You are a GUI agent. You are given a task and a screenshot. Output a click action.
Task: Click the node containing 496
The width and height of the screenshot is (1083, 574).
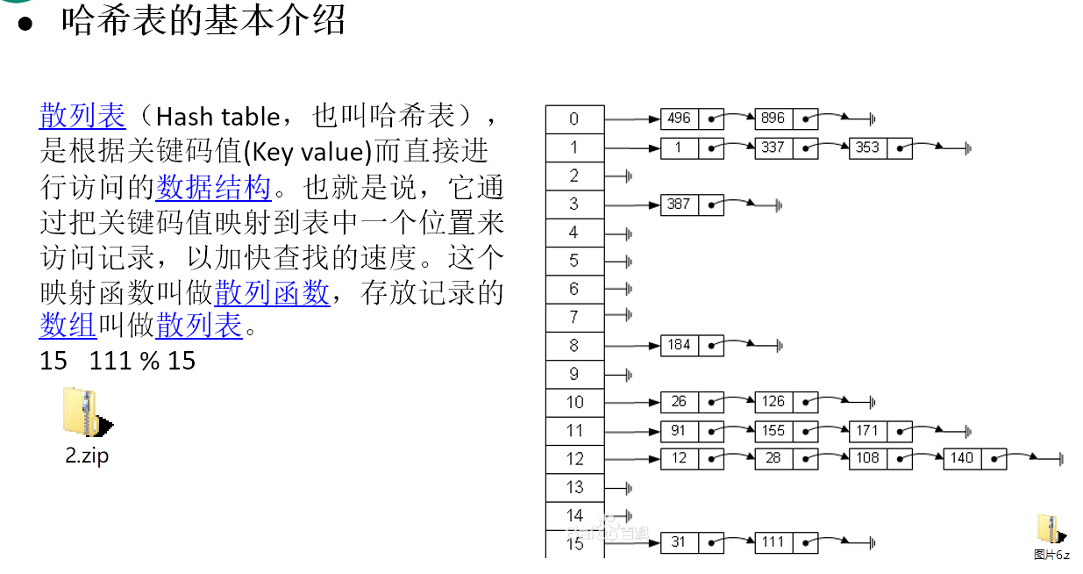679,118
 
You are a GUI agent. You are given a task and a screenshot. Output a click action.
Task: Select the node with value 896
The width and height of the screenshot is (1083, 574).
773,118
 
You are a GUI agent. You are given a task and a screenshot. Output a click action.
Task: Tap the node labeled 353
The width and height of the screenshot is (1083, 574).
867,147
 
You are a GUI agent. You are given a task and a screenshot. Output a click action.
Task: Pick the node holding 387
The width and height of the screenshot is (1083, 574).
679,204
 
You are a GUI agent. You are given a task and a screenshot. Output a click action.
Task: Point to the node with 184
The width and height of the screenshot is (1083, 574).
679,345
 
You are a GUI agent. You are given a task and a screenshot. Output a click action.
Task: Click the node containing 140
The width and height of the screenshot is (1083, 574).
962,458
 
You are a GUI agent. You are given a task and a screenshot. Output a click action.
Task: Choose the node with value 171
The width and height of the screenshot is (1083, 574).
867,430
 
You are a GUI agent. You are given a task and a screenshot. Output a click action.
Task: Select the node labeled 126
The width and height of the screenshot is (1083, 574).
773,402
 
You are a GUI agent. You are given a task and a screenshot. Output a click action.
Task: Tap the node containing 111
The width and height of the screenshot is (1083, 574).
773,542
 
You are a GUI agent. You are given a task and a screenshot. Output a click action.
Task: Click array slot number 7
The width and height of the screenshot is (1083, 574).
574,317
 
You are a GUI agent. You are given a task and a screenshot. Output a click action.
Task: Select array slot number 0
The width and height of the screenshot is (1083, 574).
574,119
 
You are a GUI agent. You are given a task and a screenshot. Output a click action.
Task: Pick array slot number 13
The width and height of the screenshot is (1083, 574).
574,487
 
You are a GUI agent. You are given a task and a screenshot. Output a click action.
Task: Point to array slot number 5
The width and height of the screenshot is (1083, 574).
574,261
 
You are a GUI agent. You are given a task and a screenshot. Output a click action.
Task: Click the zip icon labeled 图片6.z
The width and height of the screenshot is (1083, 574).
1050,529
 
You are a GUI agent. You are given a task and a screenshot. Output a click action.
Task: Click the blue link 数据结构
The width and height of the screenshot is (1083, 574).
213,186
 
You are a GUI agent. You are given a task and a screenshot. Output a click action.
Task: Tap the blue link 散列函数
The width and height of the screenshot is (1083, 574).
272,291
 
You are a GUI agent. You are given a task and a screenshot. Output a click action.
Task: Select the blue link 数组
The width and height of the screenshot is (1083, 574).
68,326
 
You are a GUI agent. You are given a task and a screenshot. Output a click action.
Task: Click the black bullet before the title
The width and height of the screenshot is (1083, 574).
25,24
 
